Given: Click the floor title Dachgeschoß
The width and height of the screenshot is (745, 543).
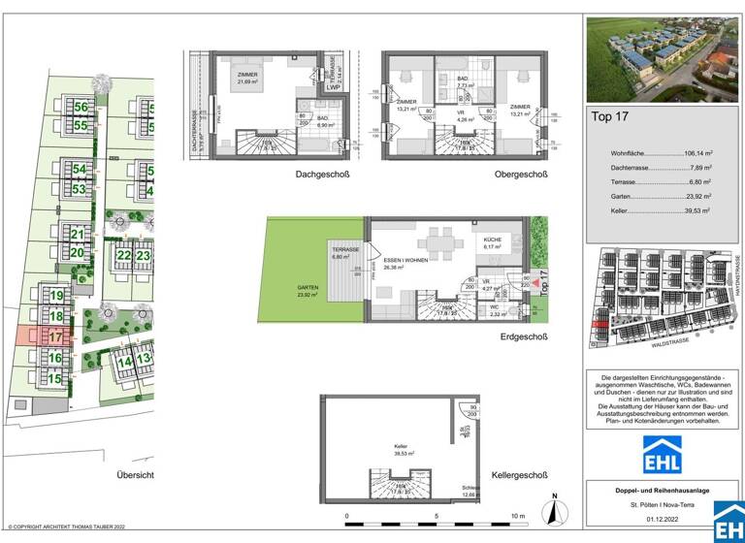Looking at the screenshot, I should [322, 175].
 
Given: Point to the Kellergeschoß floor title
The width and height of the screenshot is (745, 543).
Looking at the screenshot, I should [521, 476].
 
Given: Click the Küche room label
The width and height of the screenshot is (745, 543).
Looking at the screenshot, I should [486, 240].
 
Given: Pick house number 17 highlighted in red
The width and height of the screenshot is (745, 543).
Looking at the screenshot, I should [55, 336].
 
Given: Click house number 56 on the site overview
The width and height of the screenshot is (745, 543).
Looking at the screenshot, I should [81, 108].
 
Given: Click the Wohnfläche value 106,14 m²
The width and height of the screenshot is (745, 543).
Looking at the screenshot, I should [691, 153].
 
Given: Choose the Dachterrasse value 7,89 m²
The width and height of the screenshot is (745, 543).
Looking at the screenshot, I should [695, 167].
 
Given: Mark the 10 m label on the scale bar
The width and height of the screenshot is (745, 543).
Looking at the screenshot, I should [518, 516].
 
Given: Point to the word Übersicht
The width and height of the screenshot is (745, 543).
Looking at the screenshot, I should [135, 475].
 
